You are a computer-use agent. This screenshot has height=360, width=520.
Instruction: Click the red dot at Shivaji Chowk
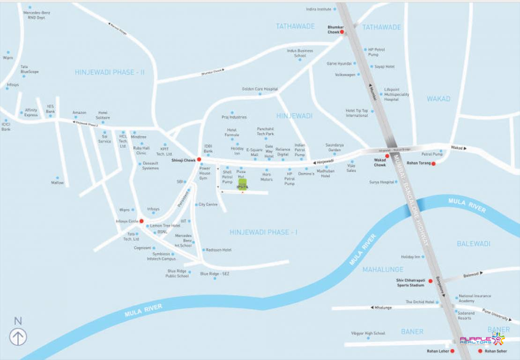(x=199, y=160)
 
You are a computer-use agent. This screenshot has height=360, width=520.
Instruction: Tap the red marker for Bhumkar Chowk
(x=342, y=32)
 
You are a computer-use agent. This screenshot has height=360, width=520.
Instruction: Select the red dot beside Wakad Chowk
(x=387, y=156)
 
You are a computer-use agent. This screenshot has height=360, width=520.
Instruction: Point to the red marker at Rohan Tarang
(x=433, y=164)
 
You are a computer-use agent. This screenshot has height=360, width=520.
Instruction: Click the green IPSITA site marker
(x=243, y=182)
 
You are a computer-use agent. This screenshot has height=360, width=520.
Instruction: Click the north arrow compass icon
(x=18, y=337)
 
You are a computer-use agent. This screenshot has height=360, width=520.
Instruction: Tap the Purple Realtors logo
(x=482, y=340)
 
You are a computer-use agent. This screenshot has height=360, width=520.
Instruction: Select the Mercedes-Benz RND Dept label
(x=37, y=15)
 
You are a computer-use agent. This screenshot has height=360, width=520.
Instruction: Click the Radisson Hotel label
(x=219, y=250)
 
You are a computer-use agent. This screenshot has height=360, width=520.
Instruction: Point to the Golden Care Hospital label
(x=260, y=89)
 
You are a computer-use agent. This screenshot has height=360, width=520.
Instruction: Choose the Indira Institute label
(x=319, y=9)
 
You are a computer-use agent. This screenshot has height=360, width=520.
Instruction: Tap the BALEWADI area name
(x=474, y=244)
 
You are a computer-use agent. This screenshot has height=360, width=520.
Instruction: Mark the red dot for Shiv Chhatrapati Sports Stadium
(x=431, y=281)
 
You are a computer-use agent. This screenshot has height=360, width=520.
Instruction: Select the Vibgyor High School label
(x=368, y=333)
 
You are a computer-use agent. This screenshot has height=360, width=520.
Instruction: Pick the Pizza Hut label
(x=241, y=174)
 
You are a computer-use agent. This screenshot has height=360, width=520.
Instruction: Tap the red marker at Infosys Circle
(x=141, y=221)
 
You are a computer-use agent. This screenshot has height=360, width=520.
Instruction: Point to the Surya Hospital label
(x=381, y=182)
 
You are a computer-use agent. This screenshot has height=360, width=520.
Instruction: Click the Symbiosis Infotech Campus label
(x=161, y=256)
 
